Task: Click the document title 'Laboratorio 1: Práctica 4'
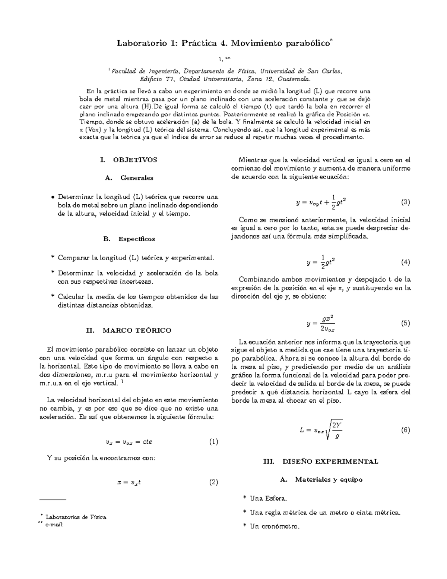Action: [223, 43]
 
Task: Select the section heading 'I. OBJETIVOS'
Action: [129, 160]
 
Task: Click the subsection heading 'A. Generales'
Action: [129, 178]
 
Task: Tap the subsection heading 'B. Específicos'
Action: [129, 239]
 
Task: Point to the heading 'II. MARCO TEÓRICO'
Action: [129, 330]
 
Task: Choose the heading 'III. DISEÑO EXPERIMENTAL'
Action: [320, 461]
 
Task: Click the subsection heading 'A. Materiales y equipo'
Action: [321, 479]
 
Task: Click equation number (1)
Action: [213, 442]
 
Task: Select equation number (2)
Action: [213, 482]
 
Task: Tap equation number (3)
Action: [405, 202]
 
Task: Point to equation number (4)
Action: [405, 262]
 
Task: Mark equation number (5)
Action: [405, 323]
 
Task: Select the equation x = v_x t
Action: [129, 482]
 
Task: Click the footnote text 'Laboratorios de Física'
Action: [76, 517]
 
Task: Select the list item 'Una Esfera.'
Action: [268, 498]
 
